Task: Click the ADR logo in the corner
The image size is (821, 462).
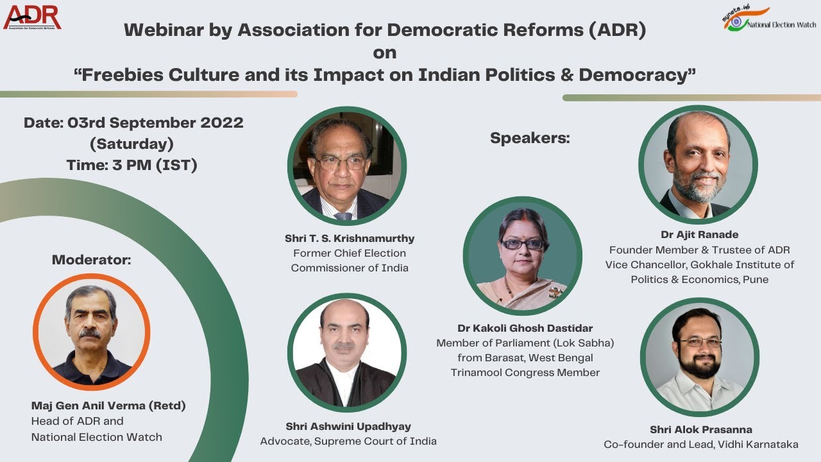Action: coord(32,17)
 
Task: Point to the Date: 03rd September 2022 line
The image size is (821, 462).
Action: coord(133,123)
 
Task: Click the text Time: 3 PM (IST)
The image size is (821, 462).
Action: coord(131,165)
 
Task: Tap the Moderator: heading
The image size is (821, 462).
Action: coord(91,260)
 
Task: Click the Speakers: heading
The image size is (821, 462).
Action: coord(530,138)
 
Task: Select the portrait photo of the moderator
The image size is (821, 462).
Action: coord(91,332)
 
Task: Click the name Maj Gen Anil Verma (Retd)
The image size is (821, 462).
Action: coord(108,406)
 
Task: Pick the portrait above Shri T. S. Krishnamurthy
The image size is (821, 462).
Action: coord(346,166)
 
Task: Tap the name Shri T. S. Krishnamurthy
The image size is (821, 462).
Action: coord(350,238)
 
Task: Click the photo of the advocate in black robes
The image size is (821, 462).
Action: coord(346,354)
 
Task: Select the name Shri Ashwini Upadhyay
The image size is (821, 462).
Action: coord(348,426)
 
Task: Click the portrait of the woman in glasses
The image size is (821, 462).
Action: coord(522,256)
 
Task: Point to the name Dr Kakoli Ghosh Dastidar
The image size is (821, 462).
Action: coord(525,328)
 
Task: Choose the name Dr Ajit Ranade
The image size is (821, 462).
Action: coord(699,234)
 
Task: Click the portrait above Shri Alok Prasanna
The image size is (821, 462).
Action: coord(699,357)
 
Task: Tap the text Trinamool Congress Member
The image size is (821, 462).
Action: coord(525,372)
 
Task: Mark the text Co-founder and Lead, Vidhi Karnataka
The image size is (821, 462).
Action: coord(700,444)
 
